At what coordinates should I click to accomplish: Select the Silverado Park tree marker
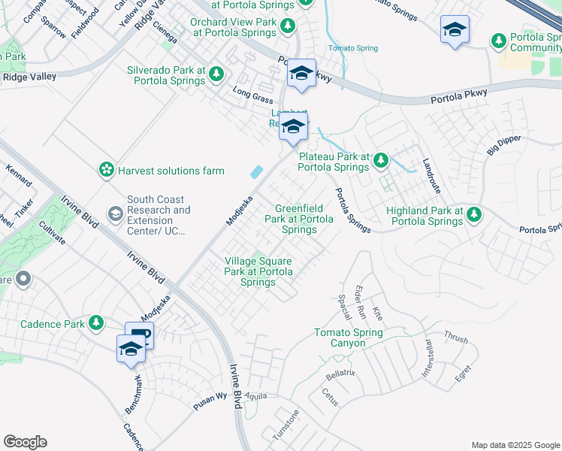pos(216,74)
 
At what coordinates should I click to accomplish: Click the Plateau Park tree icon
pos(381,159)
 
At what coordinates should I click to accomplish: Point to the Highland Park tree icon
pos(473,215)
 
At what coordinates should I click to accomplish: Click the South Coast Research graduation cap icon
pos(115,214)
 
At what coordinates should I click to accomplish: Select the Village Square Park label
pos(258,271)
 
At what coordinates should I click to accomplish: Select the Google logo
pos(25,442)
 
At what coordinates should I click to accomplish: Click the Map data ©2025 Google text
pos(516,444)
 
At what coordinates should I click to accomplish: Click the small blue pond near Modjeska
pos(257,172)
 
